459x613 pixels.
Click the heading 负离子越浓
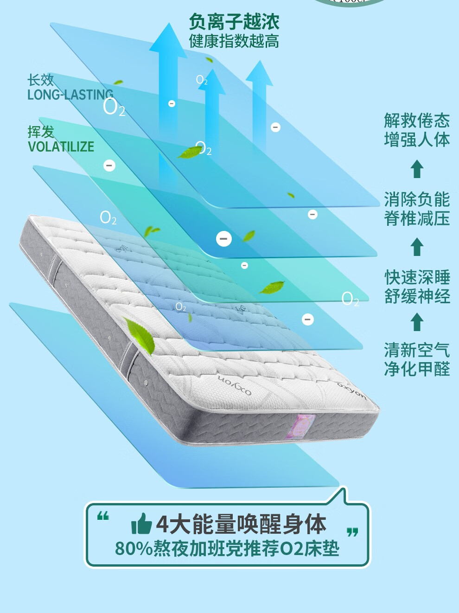click(x=234, y=21)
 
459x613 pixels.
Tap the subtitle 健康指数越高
click(x=234, y=41)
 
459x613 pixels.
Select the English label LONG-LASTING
click(x=70, y=95)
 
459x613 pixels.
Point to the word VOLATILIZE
click(x=61, y=147)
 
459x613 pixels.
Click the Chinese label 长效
click(x=40, y=80)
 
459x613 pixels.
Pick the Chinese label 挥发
click(x=40, y=132)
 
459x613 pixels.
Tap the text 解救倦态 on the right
click(x=417, y=121)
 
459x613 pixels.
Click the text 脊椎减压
click(x=417, y=218)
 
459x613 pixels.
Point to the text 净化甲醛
click(x=417, y=369)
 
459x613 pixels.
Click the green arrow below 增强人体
click(x=417, y=169)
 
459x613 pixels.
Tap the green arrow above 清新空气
click(x=417, y=322)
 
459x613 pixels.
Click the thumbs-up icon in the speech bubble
click(x=141, y=524)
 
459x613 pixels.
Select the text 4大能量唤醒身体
click(x=241, y=524)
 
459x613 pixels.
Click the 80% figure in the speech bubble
click(x=134, y=549)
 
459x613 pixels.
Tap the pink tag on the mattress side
click(x=300, y=426)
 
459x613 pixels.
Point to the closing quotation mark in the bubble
click(x=352, y=532)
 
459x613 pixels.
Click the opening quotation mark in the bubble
click(x=103, y=516)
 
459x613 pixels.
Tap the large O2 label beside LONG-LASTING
click(x=114, y=108)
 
